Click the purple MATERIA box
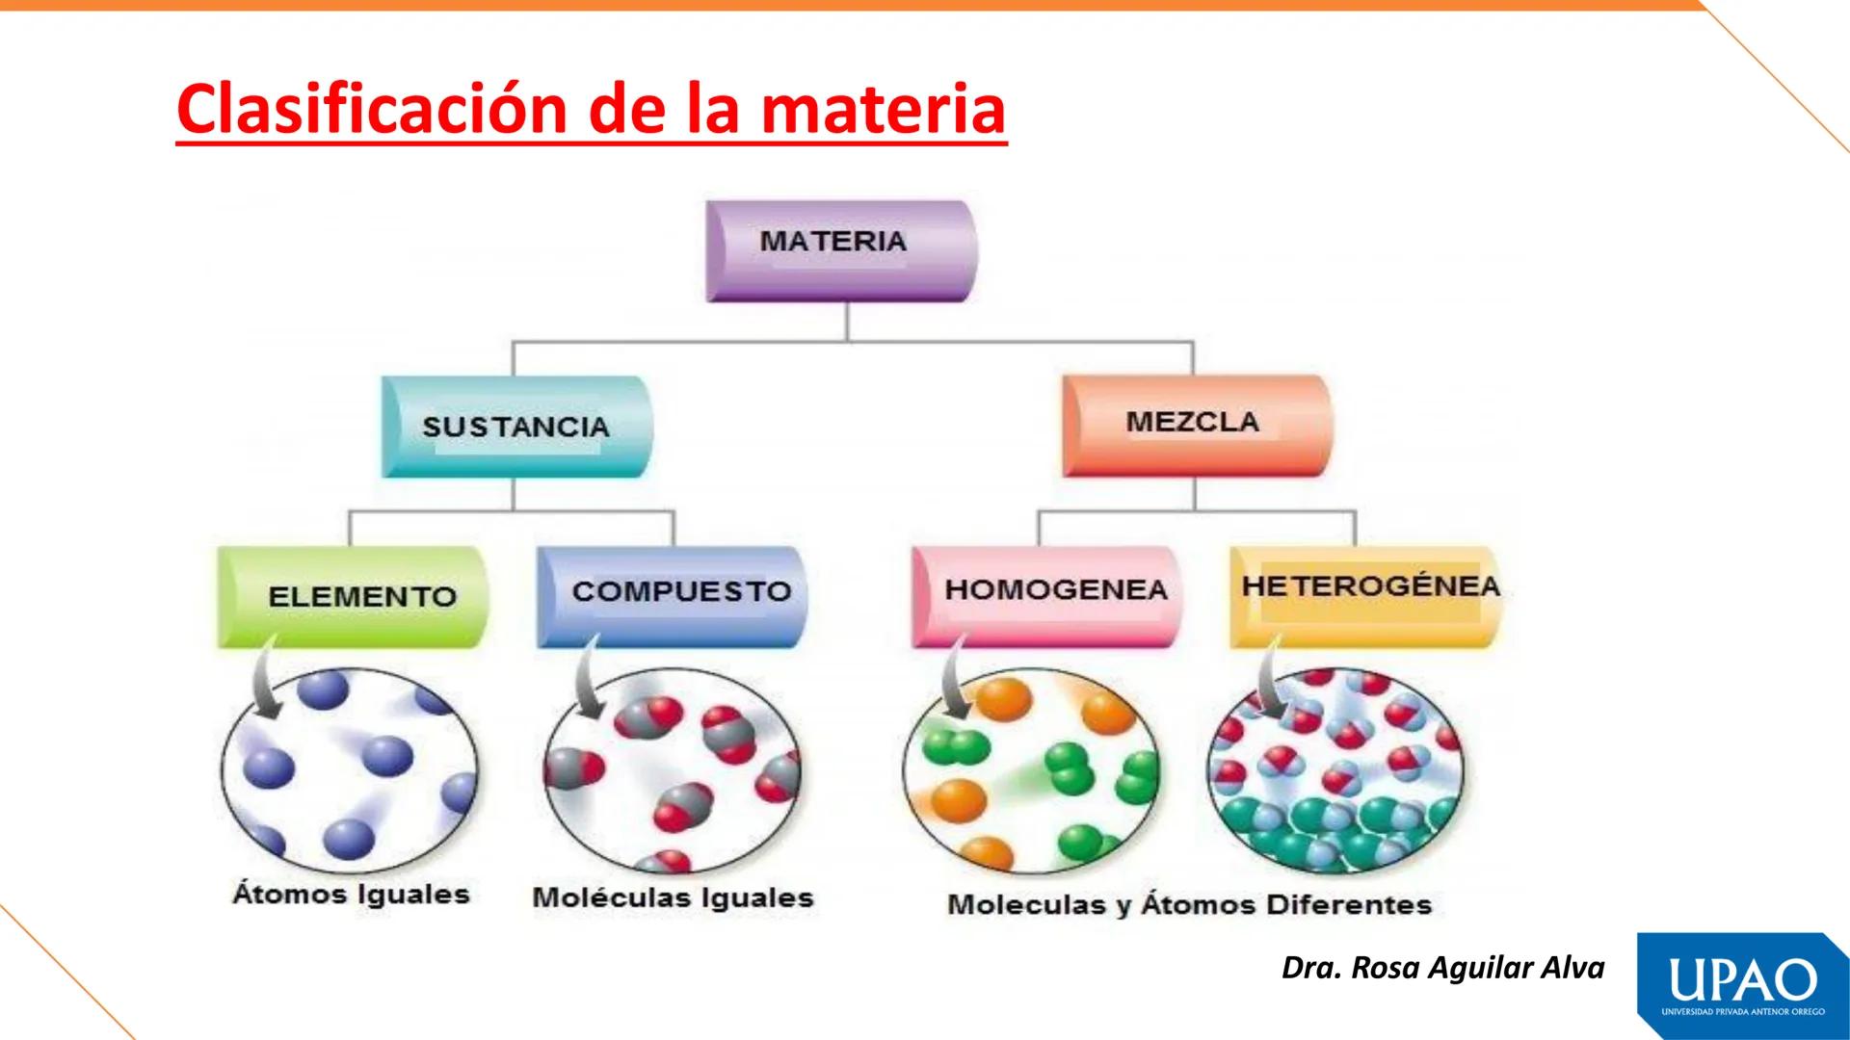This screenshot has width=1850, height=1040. coord(841,250)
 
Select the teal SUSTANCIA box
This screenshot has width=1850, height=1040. coord(516,427)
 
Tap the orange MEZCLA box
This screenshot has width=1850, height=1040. coord(1196,425)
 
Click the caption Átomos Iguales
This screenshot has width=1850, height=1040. coord(351,895)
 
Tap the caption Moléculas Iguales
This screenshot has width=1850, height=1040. coord(673,898)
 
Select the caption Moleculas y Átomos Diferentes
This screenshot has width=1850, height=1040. coord(1189,905)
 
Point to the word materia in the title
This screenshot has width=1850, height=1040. coord(884,109)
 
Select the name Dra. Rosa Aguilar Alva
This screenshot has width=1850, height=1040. coord(1442,968)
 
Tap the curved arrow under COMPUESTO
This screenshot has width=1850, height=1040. coord(585,680)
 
